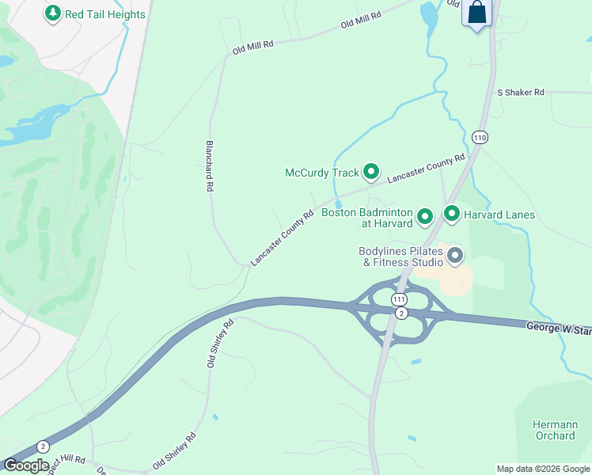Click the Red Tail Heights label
tap(105, 14)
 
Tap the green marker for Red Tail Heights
tap(53, 13)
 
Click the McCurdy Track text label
tap(322, 173)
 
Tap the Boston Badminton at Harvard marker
tap(424, 216)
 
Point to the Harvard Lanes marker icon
tap(452, 214)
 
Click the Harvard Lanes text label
tap(499, 215)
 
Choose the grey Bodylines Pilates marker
tap(454, 255)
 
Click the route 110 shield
tap(480, 137)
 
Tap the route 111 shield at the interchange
tap(399, 298)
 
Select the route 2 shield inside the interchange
tap(401, 314)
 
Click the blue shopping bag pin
tap(476, 13)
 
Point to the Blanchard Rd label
tap(210, 167)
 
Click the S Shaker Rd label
tap(521, 93)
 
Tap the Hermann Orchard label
tap(555, 430)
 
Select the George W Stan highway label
tap(559, 326)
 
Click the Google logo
tap(26, 465)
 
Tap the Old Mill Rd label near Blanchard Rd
tap(252, 47)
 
